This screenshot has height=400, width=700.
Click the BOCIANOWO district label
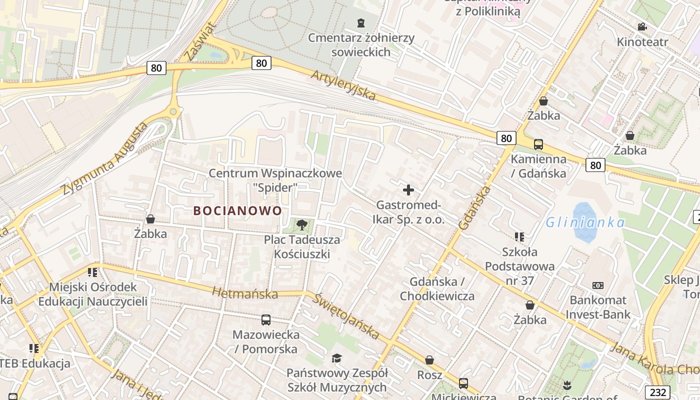[x=237, y=210]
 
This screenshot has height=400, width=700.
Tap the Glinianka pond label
[x=584, y=222]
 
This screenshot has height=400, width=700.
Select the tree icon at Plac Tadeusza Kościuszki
[x=301, y=225]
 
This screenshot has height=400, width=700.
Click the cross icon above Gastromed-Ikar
[x=408, y=190]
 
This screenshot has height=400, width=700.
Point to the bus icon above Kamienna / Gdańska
[x=538, y=144]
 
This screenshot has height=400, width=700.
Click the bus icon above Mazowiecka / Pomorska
[x=266, y=319]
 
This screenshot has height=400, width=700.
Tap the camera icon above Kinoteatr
[x=642, y=26]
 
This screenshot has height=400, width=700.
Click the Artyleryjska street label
[x=343, y=85]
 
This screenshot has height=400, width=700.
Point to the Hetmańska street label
[x=245, y=293]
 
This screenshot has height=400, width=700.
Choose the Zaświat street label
[x=199, y=41]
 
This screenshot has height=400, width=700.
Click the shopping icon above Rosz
[x=429, y=360]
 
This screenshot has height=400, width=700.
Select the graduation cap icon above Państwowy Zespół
[x=336, y=358]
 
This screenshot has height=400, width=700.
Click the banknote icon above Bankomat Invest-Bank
[x=597, y=285]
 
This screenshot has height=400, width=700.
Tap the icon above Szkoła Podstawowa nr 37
[x=519, y=236]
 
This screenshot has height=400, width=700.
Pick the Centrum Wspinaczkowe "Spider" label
[x=275, y=180]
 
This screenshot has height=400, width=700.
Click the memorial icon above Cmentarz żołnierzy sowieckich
[x=361, y=22]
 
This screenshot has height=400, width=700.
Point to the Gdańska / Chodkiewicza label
[x=437, y=288]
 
